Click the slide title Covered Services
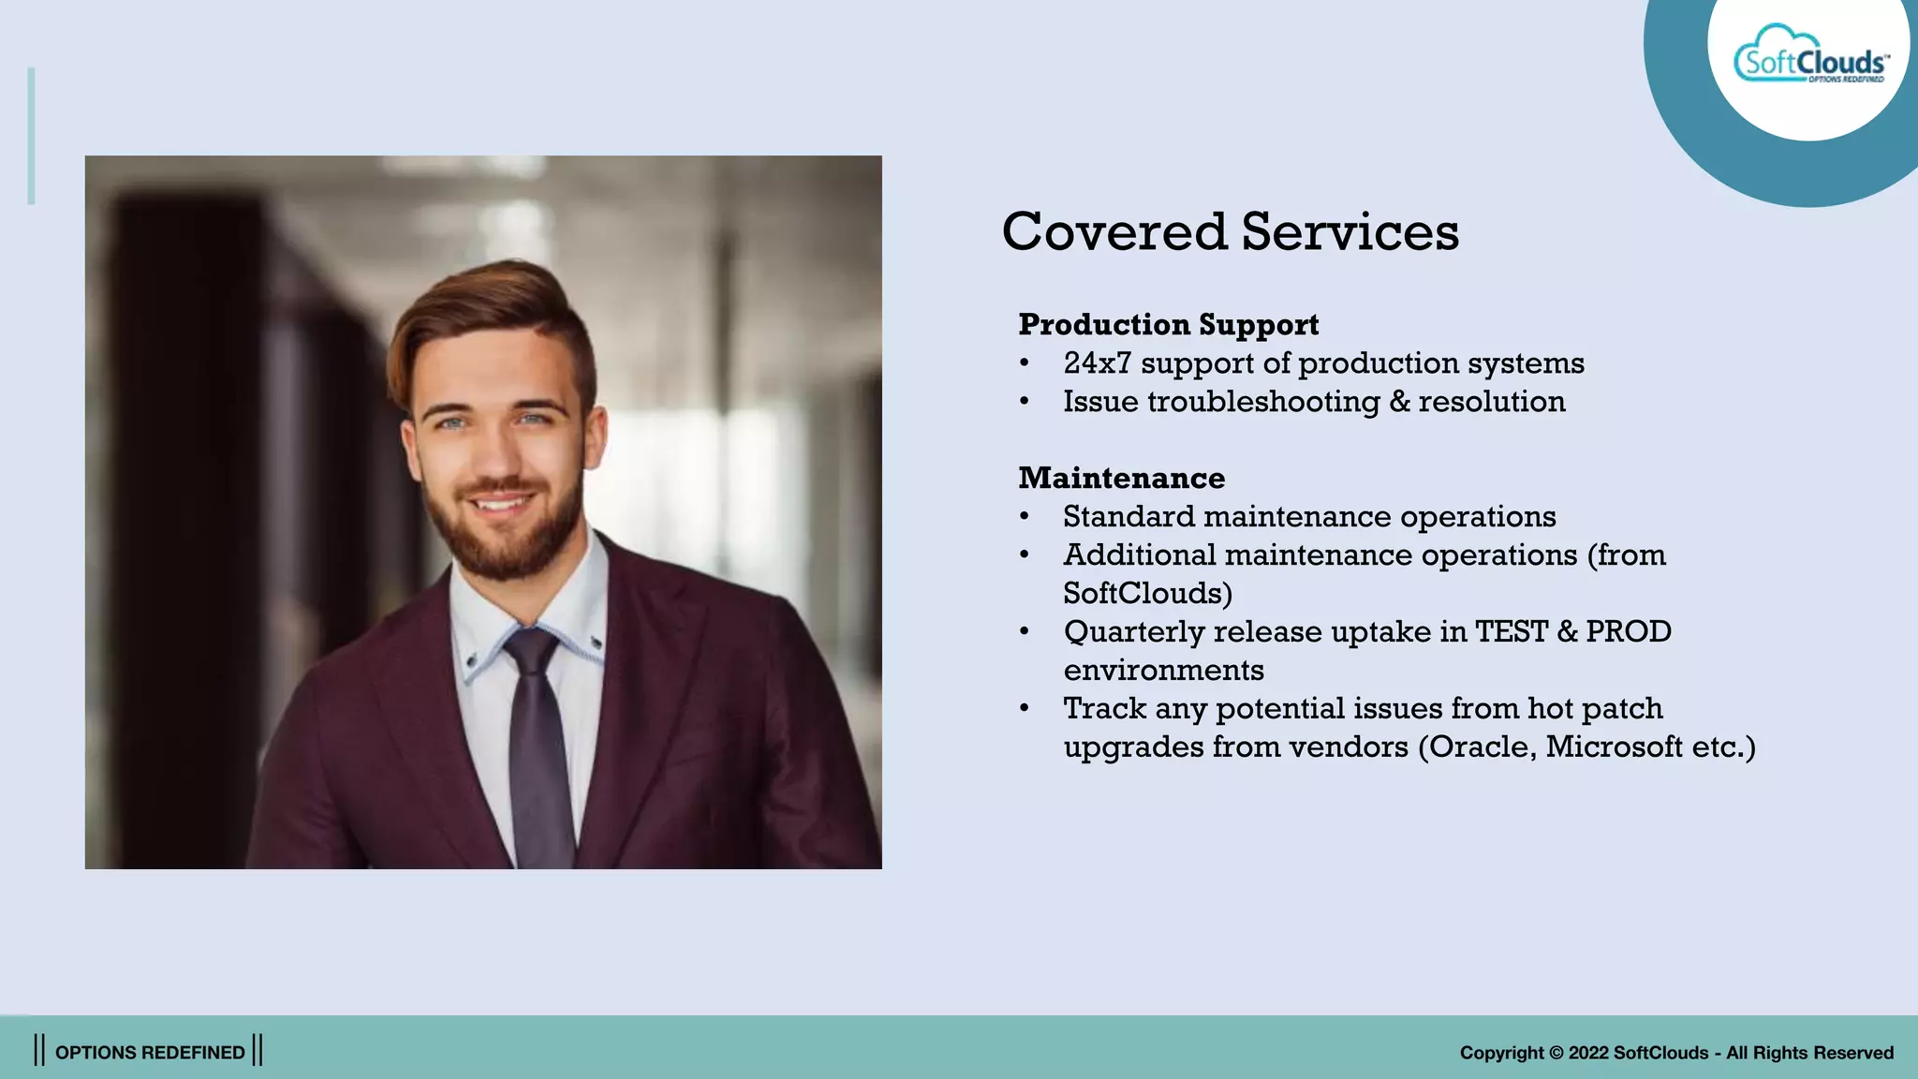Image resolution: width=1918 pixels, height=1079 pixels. [x=1230, y=231]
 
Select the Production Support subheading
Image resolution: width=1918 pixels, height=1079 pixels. [x=1168, y=324]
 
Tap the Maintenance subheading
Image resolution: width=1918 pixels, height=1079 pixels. [x=1121, y=478]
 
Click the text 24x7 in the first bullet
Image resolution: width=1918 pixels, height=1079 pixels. [x=1097, y=362]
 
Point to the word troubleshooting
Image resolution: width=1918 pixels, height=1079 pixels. [x=1263, y=402]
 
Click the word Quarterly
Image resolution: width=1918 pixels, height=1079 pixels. [x=1133, y=631]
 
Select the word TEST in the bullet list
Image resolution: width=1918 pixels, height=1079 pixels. [x=1511, y=631]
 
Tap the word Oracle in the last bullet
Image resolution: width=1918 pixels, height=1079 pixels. [x=1482, y=746]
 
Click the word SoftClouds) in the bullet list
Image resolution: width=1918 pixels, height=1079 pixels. [x=1147, y=593]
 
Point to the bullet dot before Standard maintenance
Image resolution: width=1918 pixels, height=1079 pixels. [x=1025, y=517]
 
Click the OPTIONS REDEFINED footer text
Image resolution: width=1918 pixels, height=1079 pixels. [x=150, y=1052]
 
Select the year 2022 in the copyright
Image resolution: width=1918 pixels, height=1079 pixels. [x=1587, y=1053]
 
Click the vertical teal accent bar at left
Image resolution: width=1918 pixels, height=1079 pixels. [x=31, y=136]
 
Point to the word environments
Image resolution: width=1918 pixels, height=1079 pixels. [x=1163, y=670]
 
